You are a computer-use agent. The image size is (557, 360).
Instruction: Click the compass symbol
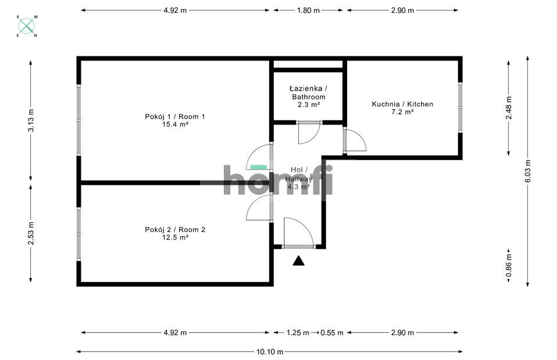pyautogui.click(x=27, y=26)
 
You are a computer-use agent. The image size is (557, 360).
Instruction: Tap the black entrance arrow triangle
pyautogui.click(x=298, y=261)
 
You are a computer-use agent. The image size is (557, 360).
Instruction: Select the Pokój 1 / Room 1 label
pyautogui.click(x=175, y=116)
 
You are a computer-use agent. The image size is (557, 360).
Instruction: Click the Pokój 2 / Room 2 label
pyautogui.click(x=175, y=230)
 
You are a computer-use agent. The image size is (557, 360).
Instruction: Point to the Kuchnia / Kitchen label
pyautogui.click(x=402, y=104)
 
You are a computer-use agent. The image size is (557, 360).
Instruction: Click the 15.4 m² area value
pyautogui.click(x=175, y=124)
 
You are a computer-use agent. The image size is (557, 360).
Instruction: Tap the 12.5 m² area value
pyautogui.click(x=175, y=237)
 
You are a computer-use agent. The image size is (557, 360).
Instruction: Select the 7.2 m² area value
pyautogui.click(x=402, y=112)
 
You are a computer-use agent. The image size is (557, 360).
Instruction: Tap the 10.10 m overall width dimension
pyautogui.click(x=270, y=352)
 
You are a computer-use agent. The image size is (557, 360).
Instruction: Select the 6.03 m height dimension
pyautogui.click(x=528, y=171)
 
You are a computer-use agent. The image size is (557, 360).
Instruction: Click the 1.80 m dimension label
pyautogui.click(x=308, y=10)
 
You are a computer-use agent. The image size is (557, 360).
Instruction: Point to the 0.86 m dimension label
pyautogui.click(x=509, y=265)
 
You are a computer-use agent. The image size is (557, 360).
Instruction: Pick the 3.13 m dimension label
pyautogui.click(x=31, y=120)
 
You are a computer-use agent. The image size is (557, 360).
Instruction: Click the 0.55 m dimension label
pyautogui.click(x=332, y=333)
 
